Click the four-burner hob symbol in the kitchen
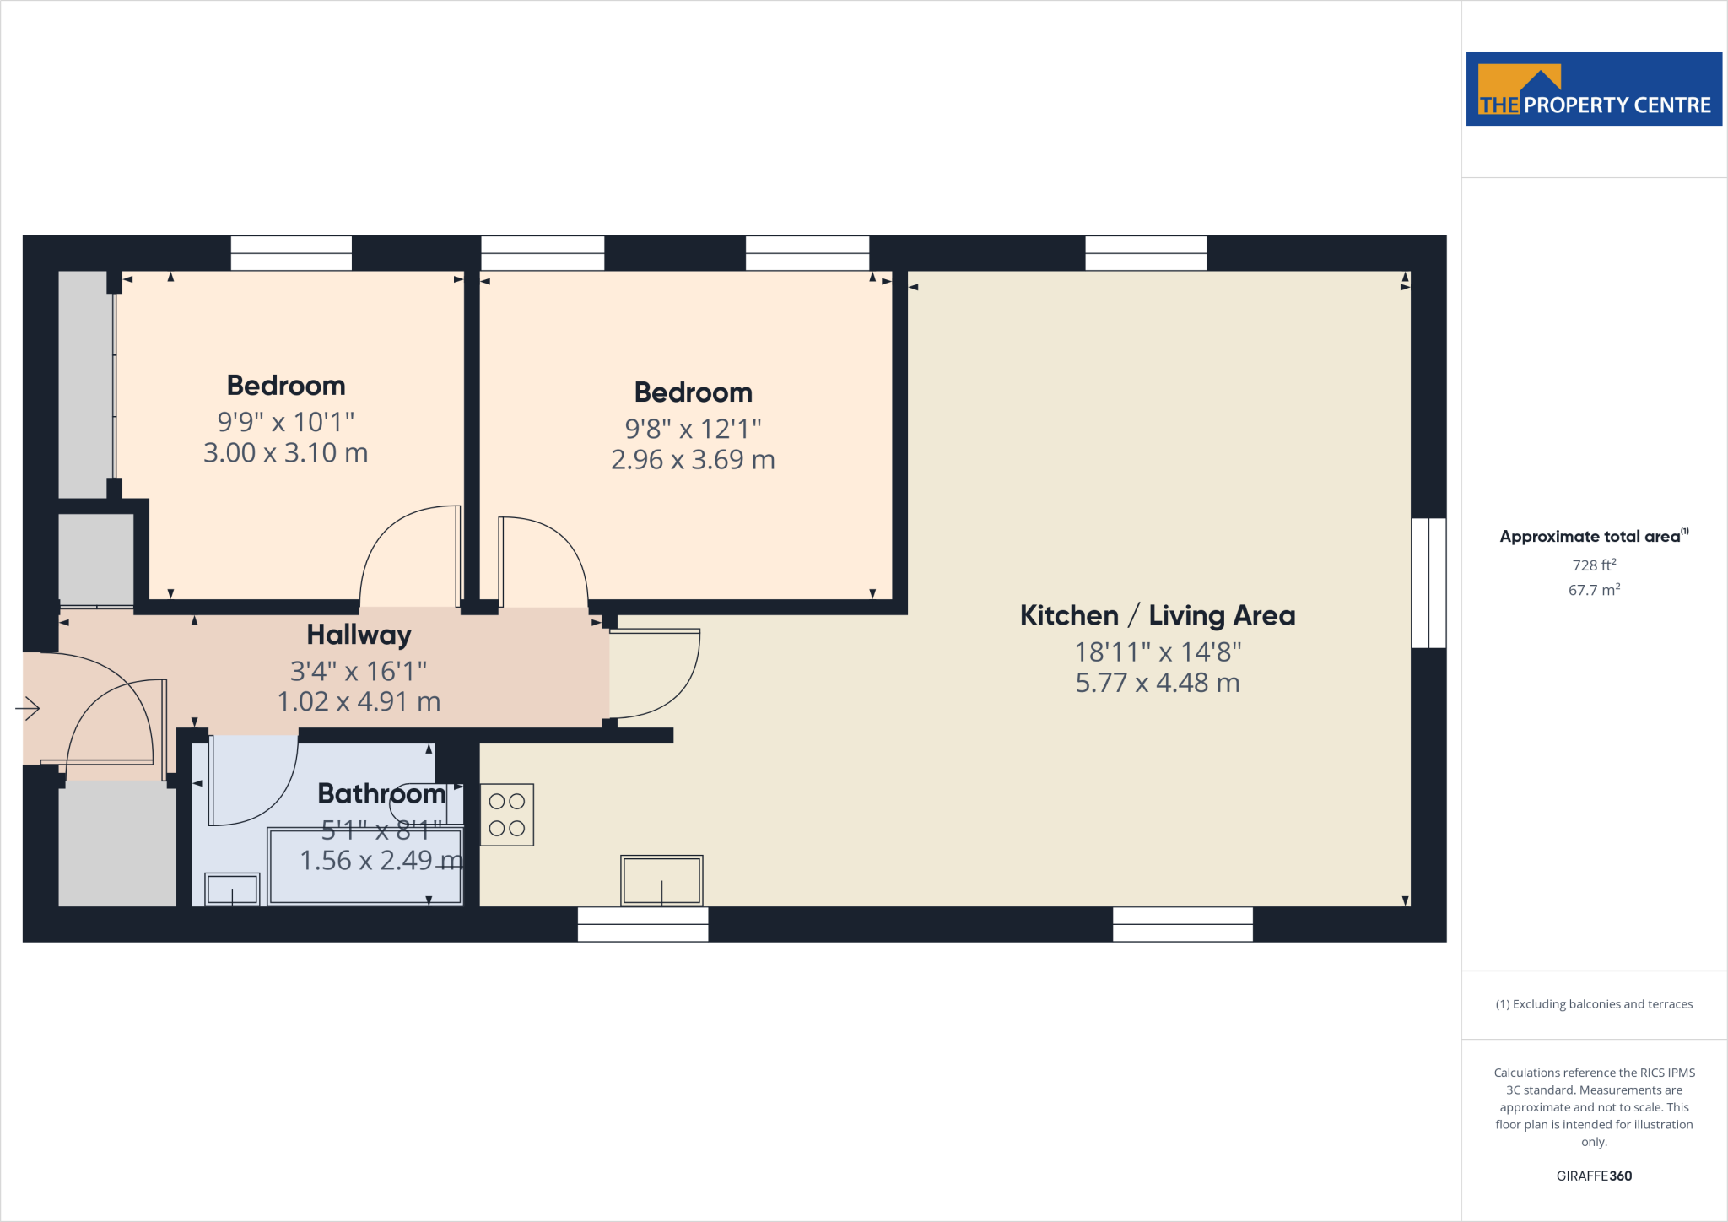click(x=506, y=814)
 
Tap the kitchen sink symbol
click(x=661, y=880)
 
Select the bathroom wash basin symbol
click(x=232, y=889)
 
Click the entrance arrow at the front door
click(x=28, y=708)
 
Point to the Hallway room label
click(x=359, y=635)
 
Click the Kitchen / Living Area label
click(x=1157, y=615)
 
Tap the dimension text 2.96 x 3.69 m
click(x=693, y=460)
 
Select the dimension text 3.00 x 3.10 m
click(x=285, y=453)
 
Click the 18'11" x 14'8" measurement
click(x=1157, y=652)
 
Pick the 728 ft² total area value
click(x=1593, y=565)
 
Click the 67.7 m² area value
click(x=1593, y=590)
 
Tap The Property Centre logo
click(x=1593, y=89)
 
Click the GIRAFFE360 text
click(x=1593, y=1176)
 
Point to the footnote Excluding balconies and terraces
click(x=1593, y=1004)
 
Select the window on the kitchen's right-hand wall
click(x=1428, y=583)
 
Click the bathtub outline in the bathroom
click(x=364, y=867)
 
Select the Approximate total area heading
click(x=1590, y=537)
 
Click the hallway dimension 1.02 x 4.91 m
click(x=359, y=701)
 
